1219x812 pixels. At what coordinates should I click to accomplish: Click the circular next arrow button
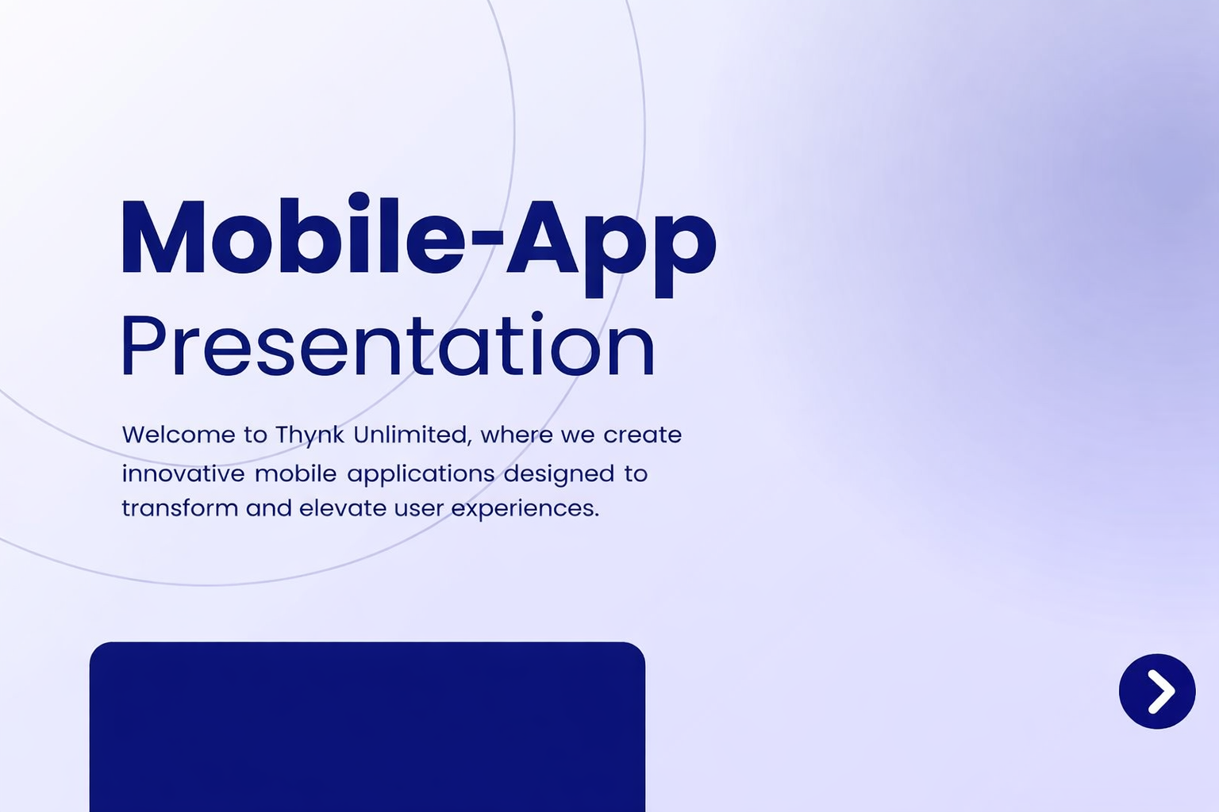(1157, 691)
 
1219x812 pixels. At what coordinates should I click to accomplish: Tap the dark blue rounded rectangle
(367, 727)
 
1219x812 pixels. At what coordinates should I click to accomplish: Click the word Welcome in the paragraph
(179, 435)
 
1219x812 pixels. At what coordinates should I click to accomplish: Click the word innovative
(183, 473)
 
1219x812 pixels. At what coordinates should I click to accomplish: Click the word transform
(180, 508)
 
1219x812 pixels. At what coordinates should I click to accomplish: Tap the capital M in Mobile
(163, 237)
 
